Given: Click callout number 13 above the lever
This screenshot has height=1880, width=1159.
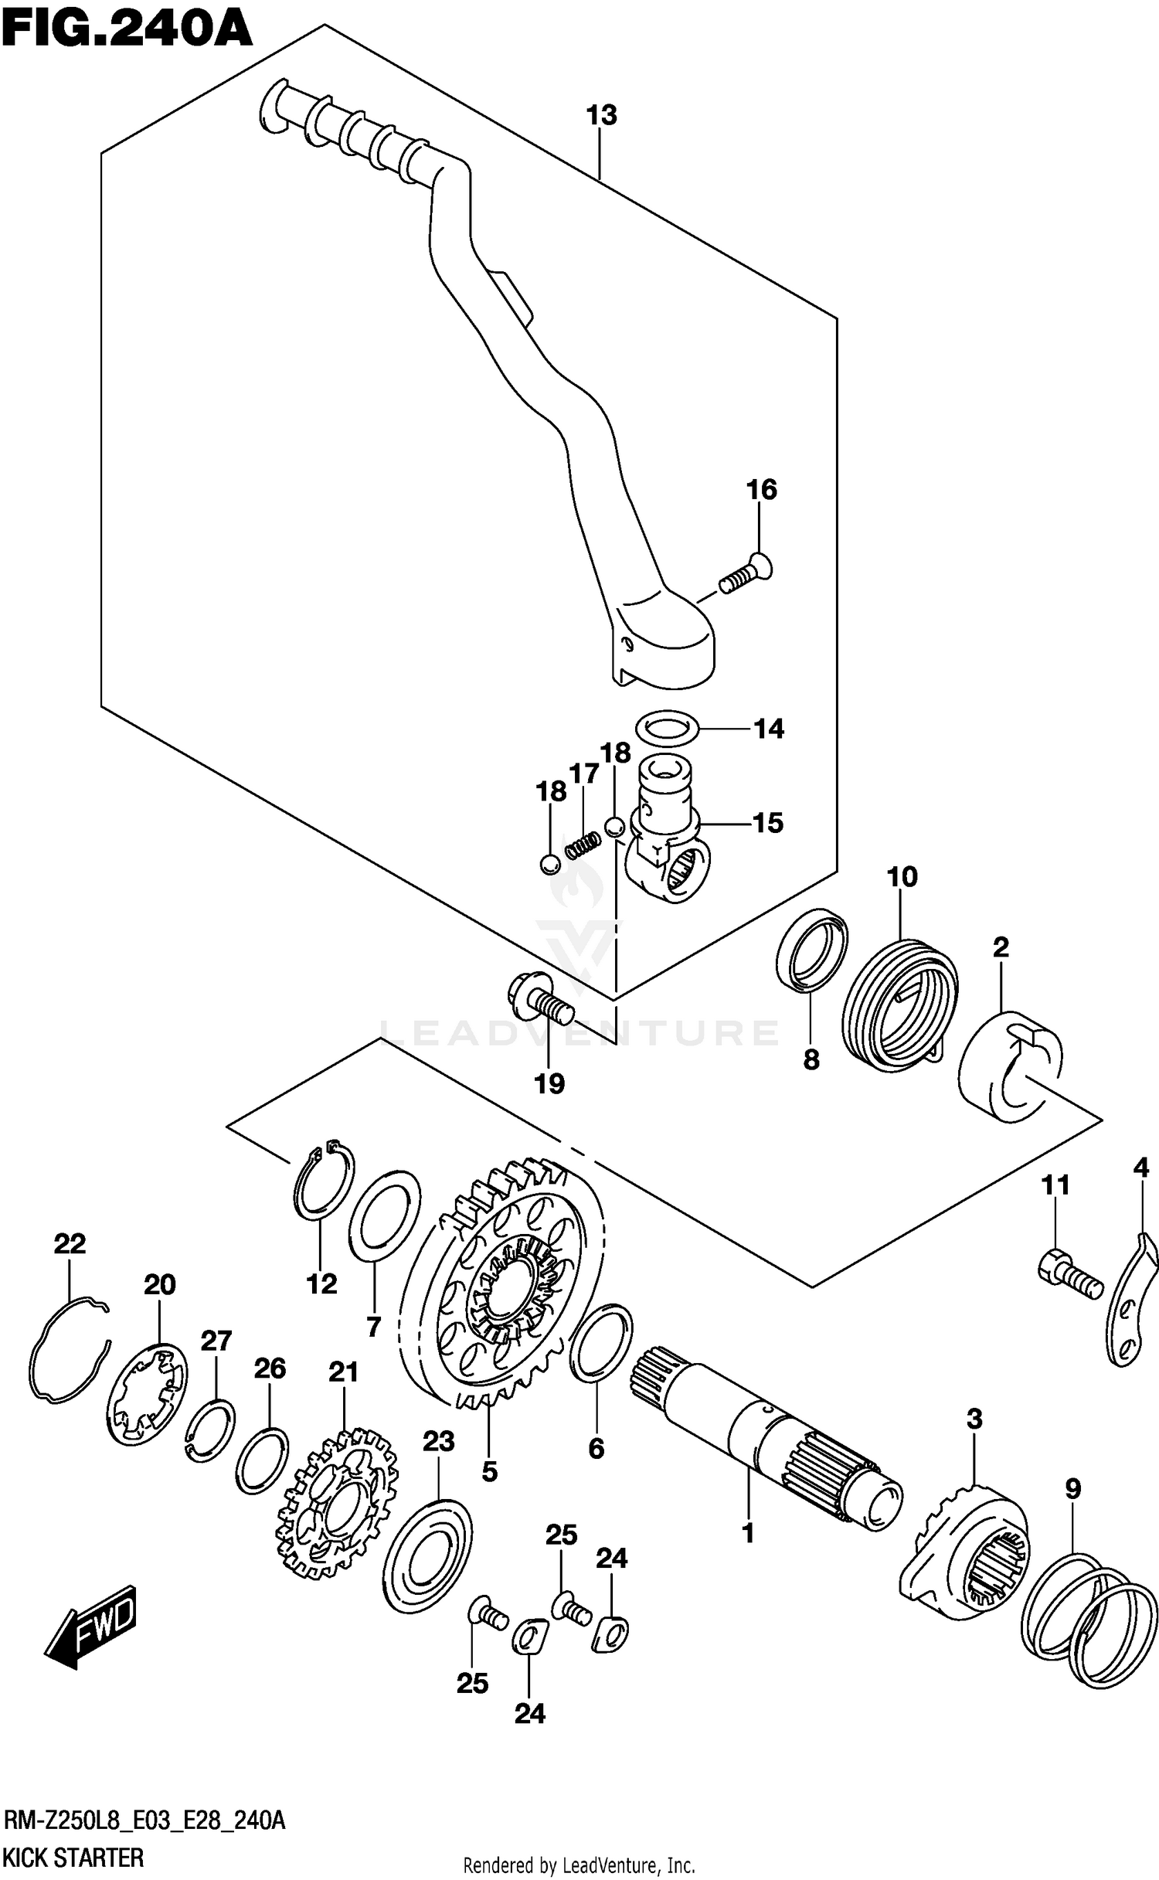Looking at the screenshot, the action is (x=601, y=116).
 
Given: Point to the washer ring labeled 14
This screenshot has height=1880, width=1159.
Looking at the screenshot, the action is (x=668, y=726).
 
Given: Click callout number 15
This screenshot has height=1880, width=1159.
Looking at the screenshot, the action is (x=768, y=823).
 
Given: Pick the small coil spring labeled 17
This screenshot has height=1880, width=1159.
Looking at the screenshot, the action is (x=583, y=844).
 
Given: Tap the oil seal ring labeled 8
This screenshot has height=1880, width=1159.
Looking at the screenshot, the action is (x=811, y=949).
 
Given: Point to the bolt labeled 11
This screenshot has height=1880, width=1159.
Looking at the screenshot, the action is (x=1069, y=1277).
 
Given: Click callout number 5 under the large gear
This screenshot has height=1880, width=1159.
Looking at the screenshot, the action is (x=489, y=1471).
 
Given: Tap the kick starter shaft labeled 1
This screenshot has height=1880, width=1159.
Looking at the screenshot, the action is (x=765, y=1433).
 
